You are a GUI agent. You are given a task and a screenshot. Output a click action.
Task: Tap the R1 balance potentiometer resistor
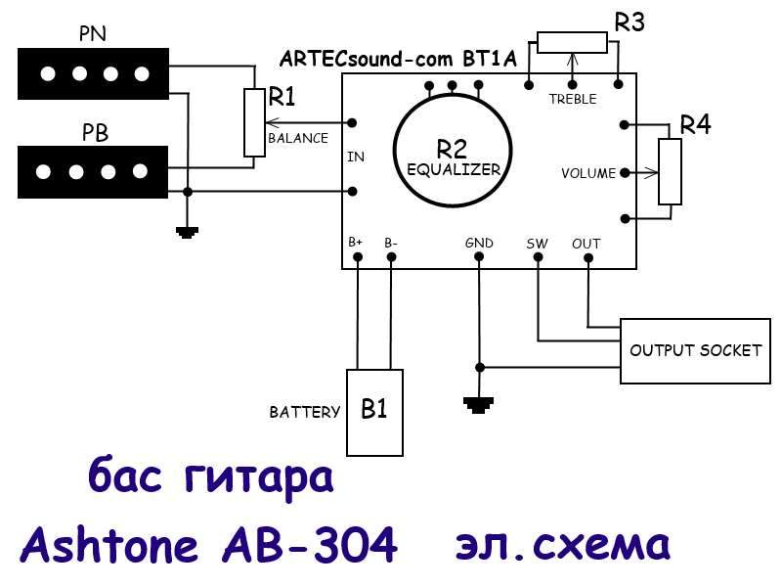point(253,122)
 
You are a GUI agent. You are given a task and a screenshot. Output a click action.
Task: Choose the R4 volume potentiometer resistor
point(670,171)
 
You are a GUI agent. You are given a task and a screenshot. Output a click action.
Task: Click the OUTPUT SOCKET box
point(695,350)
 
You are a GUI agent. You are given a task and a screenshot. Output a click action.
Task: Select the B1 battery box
point(374,411)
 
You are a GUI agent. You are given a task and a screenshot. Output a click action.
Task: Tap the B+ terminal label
point(357,242)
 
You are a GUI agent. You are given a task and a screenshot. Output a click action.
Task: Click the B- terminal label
point(391,242)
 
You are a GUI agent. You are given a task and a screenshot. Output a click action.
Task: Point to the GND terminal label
point(479,243)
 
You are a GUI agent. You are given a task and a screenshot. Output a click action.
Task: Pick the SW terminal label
point(538,243)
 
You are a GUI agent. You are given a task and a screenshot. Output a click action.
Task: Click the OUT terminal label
point(586,243)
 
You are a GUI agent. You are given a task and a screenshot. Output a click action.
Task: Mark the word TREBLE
point(573,99)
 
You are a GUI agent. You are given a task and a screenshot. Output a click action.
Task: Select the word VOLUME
point(588,173)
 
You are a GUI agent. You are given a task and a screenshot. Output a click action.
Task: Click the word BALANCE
point(298,138)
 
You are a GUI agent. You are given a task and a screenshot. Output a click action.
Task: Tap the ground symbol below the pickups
point(187,233)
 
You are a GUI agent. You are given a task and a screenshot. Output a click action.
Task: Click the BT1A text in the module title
point(481,59)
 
